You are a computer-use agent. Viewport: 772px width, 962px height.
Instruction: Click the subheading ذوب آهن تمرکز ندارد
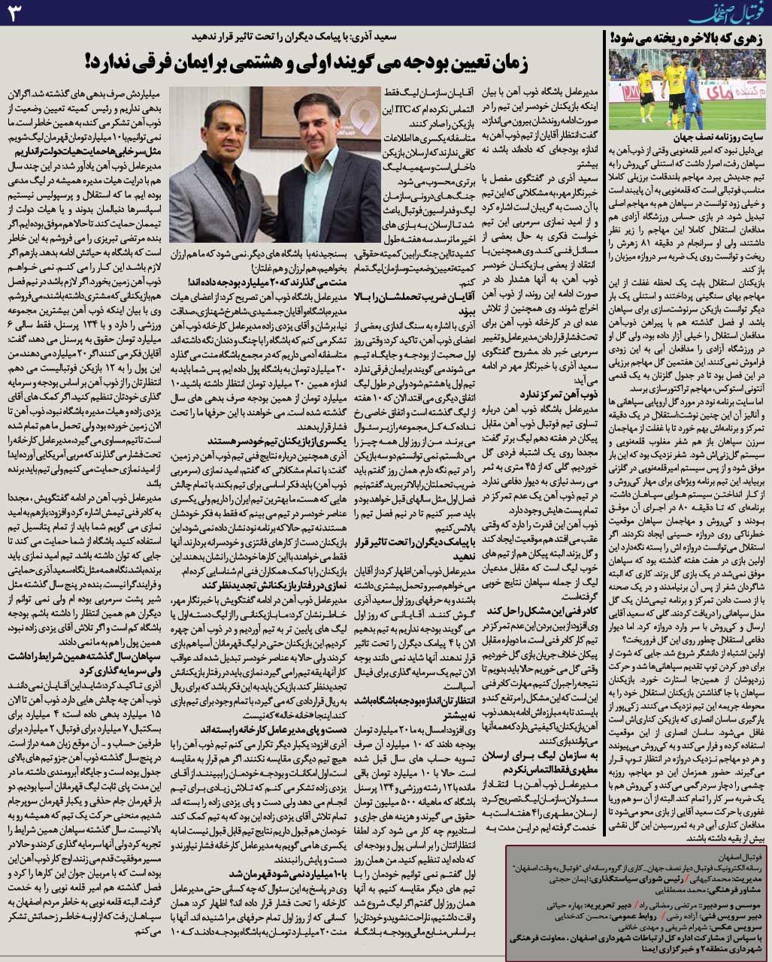click(553, 392)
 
